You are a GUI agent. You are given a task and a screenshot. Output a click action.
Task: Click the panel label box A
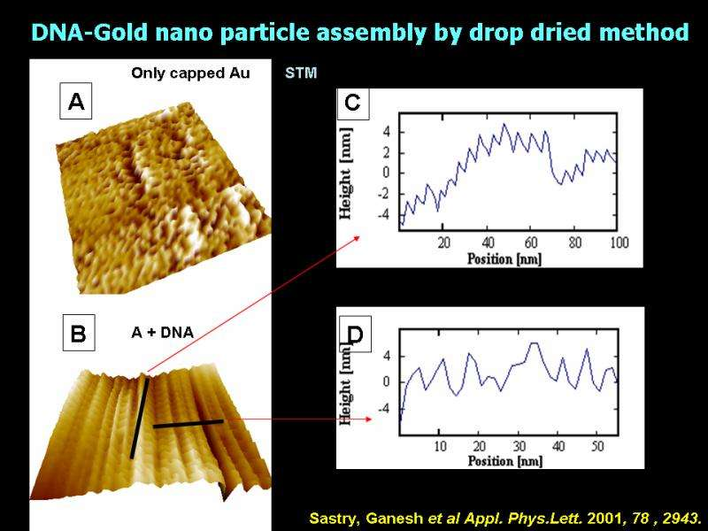pos(76,103)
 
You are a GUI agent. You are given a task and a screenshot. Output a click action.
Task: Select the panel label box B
pos(78,334)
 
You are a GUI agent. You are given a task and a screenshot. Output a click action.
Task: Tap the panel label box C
pos(352,104)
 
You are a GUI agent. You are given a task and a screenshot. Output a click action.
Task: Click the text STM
pos(301,73)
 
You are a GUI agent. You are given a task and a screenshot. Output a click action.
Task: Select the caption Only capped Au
pos(190,73)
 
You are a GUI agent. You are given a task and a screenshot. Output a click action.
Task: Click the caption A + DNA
pos(163,333)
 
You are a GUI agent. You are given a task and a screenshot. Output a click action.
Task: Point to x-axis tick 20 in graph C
pos(444,242)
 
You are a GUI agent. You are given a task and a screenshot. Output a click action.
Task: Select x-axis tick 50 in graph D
pos(597,446)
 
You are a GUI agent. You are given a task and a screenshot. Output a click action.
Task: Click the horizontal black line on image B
pos(188,424)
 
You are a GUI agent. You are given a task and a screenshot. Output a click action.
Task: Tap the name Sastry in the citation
pos(332,517)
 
